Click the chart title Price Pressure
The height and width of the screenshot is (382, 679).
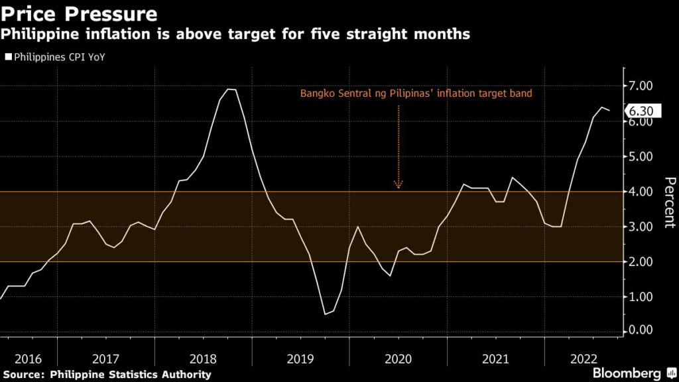(80, 13)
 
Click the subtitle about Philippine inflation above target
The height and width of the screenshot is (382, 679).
(236, 34)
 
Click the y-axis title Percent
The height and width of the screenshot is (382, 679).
(669, 202)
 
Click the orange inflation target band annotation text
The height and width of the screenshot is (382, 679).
(416, 94)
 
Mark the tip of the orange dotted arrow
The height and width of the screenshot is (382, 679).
(399, 186)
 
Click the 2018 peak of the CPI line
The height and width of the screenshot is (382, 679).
(231, 90)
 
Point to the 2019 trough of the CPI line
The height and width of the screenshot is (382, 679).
(326, 314)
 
